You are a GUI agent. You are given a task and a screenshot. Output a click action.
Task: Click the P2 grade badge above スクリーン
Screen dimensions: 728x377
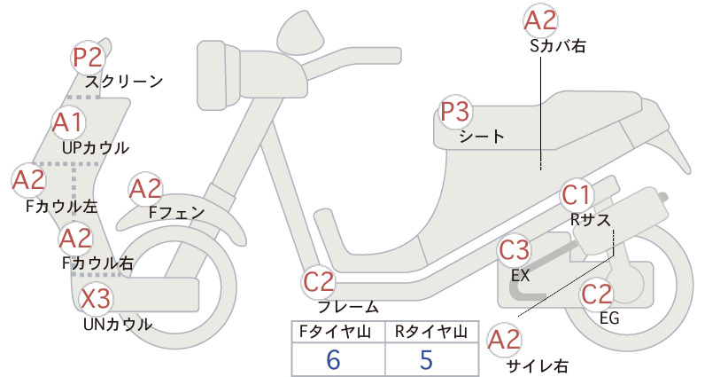click(88, 58)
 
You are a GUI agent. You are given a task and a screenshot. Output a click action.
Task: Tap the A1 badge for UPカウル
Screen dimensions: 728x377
click(68, 122)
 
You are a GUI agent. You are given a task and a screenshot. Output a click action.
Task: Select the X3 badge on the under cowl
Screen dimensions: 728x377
click(97, 298)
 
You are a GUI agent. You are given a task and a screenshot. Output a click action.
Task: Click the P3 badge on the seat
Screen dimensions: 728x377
click(455, 112)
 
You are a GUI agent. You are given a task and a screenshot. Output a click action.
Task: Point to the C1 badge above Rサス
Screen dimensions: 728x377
click(576, 195)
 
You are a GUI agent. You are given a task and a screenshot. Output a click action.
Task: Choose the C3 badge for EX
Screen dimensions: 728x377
click(514, 250)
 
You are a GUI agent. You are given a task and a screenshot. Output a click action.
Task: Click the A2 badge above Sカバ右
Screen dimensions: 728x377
click(540, 21)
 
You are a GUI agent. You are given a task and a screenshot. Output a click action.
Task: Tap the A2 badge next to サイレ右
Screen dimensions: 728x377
click(504, 340)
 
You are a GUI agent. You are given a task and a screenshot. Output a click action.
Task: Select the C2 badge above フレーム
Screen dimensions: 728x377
click(319, 282)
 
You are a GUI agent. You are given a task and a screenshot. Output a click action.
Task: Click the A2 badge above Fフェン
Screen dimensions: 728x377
click(145, 190)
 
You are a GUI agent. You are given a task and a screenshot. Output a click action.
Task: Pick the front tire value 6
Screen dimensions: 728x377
click(333, 359)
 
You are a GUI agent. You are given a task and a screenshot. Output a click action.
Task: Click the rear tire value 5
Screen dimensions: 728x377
click(426, 359)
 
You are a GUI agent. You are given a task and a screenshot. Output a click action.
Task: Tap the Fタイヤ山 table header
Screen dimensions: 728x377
click(335, 332)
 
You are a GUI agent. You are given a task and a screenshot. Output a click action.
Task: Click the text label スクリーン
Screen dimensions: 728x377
click(124, 82)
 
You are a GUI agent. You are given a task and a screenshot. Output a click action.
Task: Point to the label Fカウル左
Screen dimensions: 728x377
click(62, 207)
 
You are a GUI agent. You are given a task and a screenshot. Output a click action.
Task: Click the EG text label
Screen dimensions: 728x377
click(609, 318)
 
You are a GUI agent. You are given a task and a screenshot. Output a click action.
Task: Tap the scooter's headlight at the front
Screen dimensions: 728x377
click(219, 75)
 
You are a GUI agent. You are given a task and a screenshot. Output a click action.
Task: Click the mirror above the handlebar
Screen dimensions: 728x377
click(300, 30)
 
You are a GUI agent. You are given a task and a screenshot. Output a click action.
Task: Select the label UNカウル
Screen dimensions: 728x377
click(118, 324)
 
